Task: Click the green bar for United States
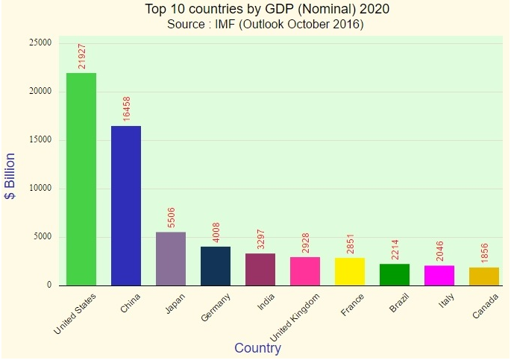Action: click(x=81, y=179)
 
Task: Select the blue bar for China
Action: click(x=126, y=206)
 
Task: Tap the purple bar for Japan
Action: click(x=171, y=259)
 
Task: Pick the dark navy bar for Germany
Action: click(x=216, y=266)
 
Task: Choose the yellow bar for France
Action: click(x=350, y=271)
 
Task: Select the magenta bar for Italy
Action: click(x=439, y=275)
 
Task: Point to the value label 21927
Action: click(x=82, y=55)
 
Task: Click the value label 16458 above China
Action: click(x=127, y=108)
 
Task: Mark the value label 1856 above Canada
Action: click(x=485, y=252)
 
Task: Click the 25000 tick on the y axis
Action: click(x=40, y=43)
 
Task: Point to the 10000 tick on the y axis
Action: click(x=40, y=189)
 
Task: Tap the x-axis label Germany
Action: click(x=215, y=308)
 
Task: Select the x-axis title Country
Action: click(x=257, y=348)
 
